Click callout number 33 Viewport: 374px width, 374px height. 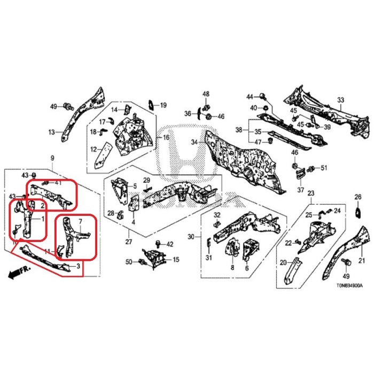coord(341,100)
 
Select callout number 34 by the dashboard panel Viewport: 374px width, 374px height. coord(194,142)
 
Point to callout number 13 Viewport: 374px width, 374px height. coord(52,132)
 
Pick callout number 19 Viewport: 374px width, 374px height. coord(163,105)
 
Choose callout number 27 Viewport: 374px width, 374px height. coord(128,241)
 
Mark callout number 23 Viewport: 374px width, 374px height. coord(310,193)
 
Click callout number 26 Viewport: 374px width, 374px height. coord(358,198)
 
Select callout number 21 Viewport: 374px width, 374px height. coord(361,261)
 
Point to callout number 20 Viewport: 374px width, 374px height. coord(284,262)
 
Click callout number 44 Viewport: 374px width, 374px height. coord(249,96)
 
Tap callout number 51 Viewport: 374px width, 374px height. coord(323,169)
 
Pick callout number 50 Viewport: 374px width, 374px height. coord(128,261)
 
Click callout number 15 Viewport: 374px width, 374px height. coord(176,260)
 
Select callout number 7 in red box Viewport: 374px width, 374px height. coord(80,220)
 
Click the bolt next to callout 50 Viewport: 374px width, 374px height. coord(142,262)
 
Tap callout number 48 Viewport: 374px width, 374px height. coord(206,94)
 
